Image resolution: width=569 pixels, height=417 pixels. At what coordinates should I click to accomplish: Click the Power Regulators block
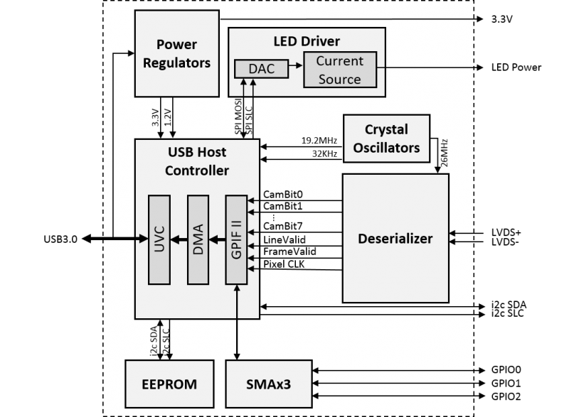(177, 55)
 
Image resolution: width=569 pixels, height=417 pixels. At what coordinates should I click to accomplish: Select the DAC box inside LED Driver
(260, 68)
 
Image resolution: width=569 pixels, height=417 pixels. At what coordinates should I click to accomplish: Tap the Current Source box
(339, 70)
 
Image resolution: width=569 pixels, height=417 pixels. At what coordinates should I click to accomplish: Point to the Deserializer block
(395, 239)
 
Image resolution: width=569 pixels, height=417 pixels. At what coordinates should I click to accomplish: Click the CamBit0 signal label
(282, 193)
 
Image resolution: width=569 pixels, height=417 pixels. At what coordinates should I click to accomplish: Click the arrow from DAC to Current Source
(294, 69)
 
